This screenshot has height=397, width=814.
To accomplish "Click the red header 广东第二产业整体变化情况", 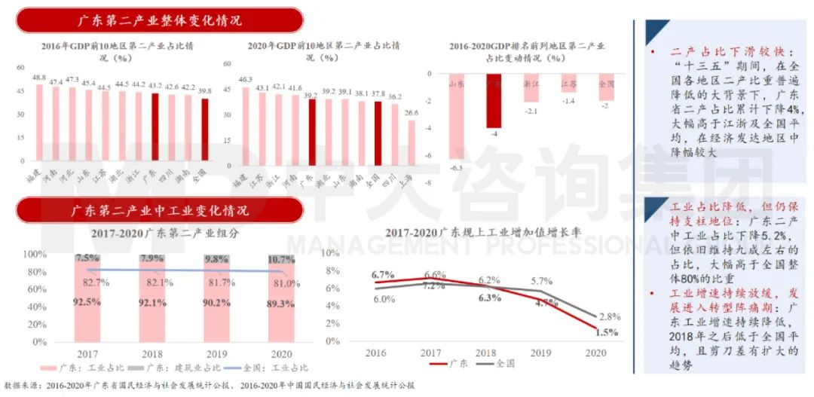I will (160, 20).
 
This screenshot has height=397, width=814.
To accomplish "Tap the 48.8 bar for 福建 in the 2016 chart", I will (40, 121).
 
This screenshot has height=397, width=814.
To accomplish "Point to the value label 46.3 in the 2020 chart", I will (245, 79).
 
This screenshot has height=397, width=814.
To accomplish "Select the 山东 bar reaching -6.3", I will (456, 117).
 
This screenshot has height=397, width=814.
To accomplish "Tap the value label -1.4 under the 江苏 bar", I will (568, 100).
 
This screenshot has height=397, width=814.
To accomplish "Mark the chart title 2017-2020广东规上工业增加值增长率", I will (482, 233).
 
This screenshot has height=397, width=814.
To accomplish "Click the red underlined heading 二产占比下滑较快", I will (727, 52).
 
